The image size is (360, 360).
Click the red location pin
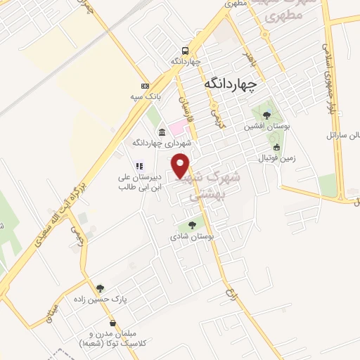tap(182, 164)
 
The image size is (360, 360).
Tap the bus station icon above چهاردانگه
tap(185, 51)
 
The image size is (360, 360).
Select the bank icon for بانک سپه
tap(145, 84)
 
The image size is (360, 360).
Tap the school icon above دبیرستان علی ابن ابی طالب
tap(139, 167)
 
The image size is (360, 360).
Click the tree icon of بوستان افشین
tap(264, 115)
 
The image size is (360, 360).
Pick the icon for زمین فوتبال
tap(278, 148)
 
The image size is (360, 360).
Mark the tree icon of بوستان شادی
tap(191, 226)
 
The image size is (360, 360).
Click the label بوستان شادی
tap(191, 237)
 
